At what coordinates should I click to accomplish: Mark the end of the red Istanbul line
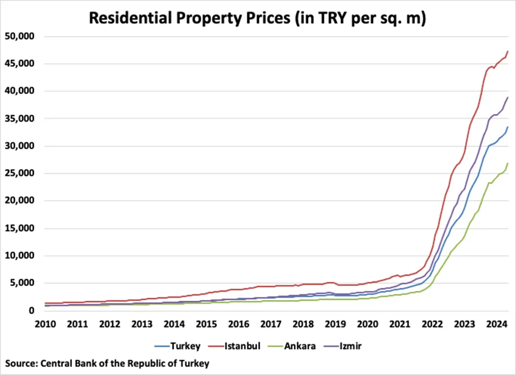508,51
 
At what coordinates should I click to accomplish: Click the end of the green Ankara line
508,163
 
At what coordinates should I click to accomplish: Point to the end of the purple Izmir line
508,97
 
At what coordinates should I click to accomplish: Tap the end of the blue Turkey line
508,127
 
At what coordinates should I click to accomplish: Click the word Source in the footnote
21,363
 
